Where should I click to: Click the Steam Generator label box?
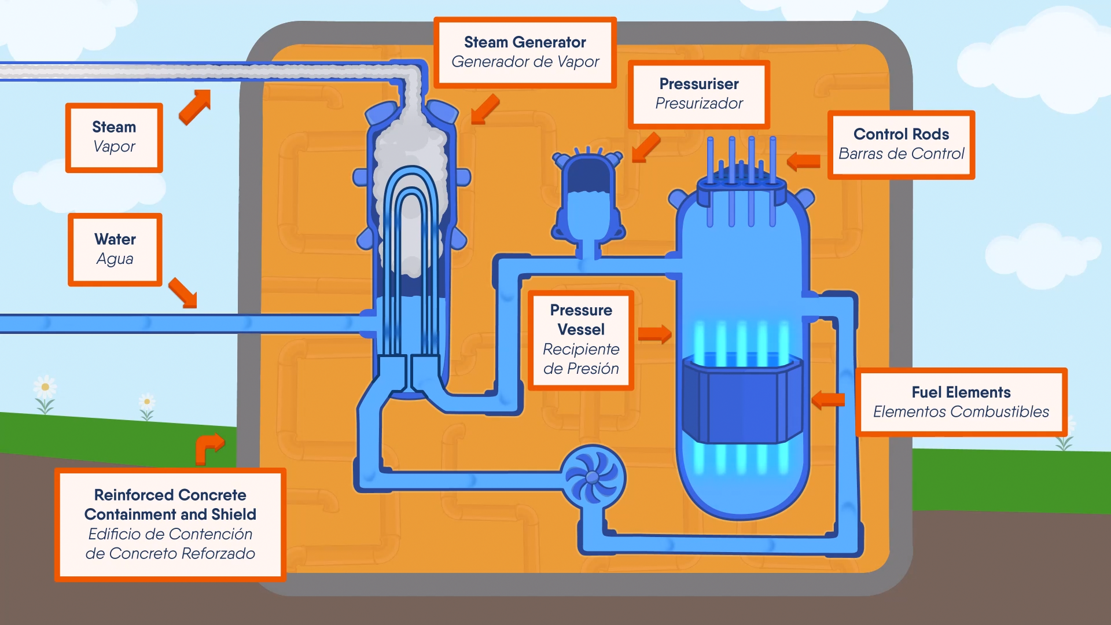tap(525, 52)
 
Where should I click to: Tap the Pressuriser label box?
tap(698, 94)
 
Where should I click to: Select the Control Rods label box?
tap(901, 144)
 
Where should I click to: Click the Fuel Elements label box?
tap(961, 402)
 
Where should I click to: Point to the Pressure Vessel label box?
tap(580, 340)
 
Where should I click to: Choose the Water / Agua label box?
tap(115, 249)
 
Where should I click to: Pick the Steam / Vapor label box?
tap(114, 137)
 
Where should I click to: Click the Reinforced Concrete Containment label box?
tap(170, 524)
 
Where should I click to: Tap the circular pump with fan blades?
tap(593, 477)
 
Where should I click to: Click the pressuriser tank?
tap(588, 200)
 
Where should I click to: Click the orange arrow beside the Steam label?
tap(195, 106)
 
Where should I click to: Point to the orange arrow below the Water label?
tap(183, 292)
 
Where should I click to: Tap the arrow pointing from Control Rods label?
tap(804, 161)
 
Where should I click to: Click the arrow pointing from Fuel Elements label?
tap(829, 399)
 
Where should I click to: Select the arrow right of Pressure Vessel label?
tap(654, 334)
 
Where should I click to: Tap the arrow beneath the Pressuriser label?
tap(646, 148)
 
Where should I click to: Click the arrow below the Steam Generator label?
tap(484, 109)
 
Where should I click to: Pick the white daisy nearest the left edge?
tap(45, 388)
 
